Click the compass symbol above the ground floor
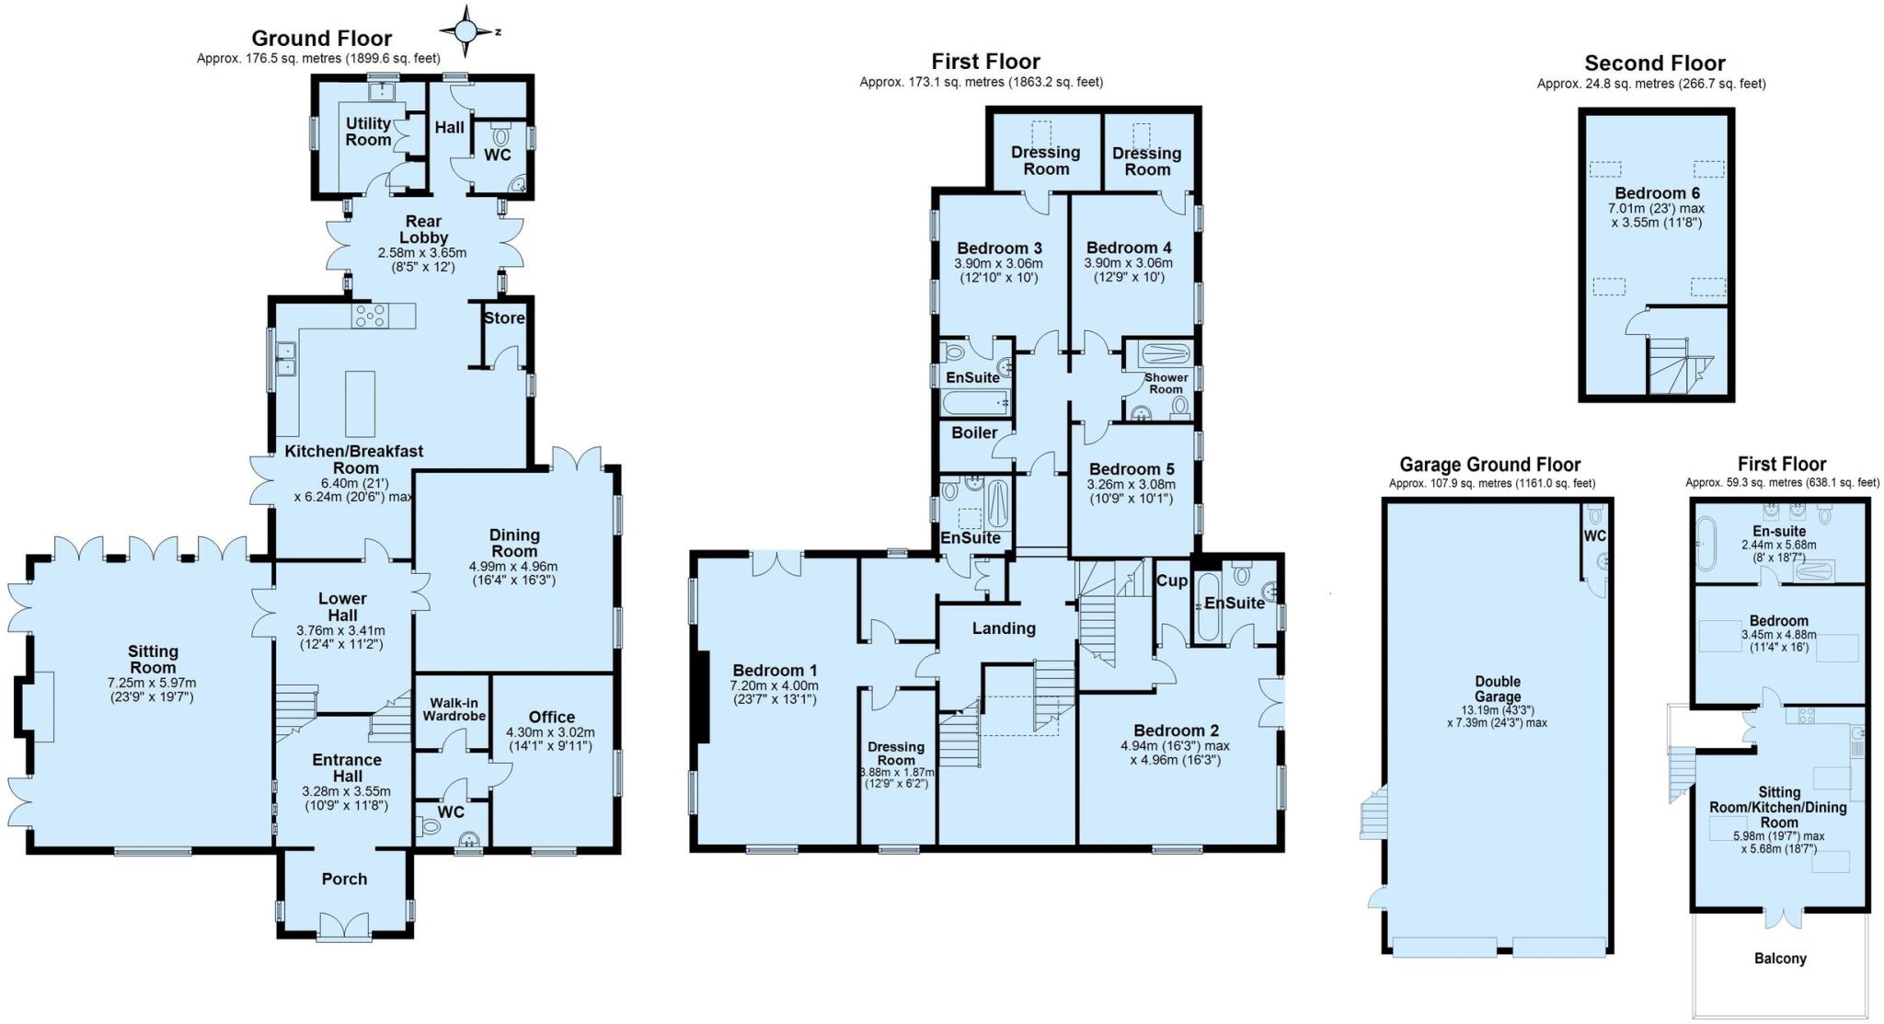pyautogui.click(x=466, y=32)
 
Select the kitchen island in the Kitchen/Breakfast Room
pyautogui.click(x=361, y=403)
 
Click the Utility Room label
pyautogui.click(x=368, y=132)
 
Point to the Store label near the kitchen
pyautogui.click(x=504, y=318)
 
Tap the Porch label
pyautogui.click(x=344, y=879)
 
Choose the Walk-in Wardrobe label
pyautogui.click(x=454, y=709)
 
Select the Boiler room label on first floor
pyautogui.click(x=974, y=432)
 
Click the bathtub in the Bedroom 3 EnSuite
pyautogui.click(x=975, y=402)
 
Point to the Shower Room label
pyautogui.click(x=1166, y=383)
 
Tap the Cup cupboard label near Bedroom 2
pyautogui.click(x=1171, y=581)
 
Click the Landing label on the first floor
pyautogui.click(x=1004, y=628)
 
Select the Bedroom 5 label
pyautogui.click(x=1131, y=469)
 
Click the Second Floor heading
pyautogui.click(x=1654, y=63)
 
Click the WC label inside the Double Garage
pyautogui.click(x=1594, y=536)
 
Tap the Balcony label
pyautogui.click(x=1780, y=959)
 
